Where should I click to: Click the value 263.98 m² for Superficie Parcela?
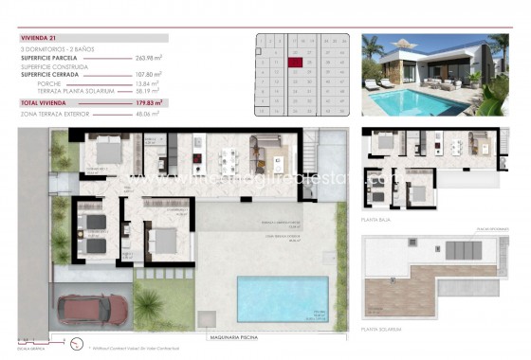[149, 57]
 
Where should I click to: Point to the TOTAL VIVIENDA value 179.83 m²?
[149, 100]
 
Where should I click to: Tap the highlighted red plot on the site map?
[294, 62]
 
